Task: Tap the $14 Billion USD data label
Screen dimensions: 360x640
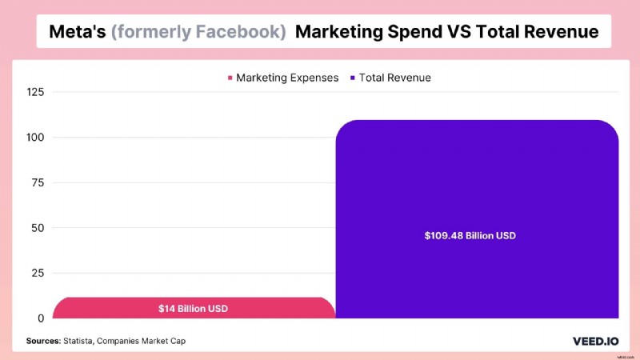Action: [194, 308]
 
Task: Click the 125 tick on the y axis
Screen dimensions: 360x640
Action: [34, 92]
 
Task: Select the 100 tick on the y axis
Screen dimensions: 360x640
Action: [34, 138]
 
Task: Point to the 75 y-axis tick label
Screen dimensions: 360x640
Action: [38, 182]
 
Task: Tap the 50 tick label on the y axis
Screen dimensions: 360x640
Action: [38, 228]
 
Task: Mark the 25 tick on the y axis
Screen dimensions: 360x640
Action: [38, 273]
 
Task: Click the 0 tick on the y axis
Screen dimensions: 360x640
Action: [41, 318]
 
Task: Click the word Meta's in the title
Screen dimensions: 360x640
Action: [78, 32]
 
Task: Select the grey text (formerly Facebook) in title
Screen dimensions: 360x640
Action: [199, 32]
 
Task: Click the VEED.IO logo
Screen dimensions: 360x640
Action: [593, 341]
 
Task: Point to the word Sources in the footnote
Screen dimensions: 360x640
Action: [43, 341]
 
